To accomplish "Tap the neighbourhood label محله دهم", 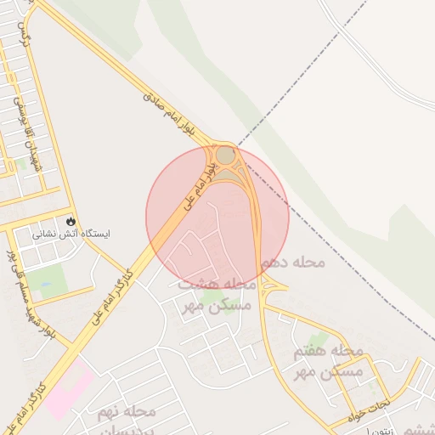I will click(x=293, y=263).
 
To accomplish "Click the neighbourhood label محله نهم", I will click(x=127, y=411).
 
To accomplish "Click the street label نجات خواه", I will click(x=370, y=403).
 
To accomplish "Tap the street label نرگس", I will click(x=23, y=38).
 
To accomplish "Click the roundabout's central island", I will click(x=225, y=155).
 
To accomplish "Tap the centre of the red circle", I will click(x=217, y=217).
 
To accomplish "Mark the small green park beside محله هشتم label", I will click(x=212, y=297).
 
